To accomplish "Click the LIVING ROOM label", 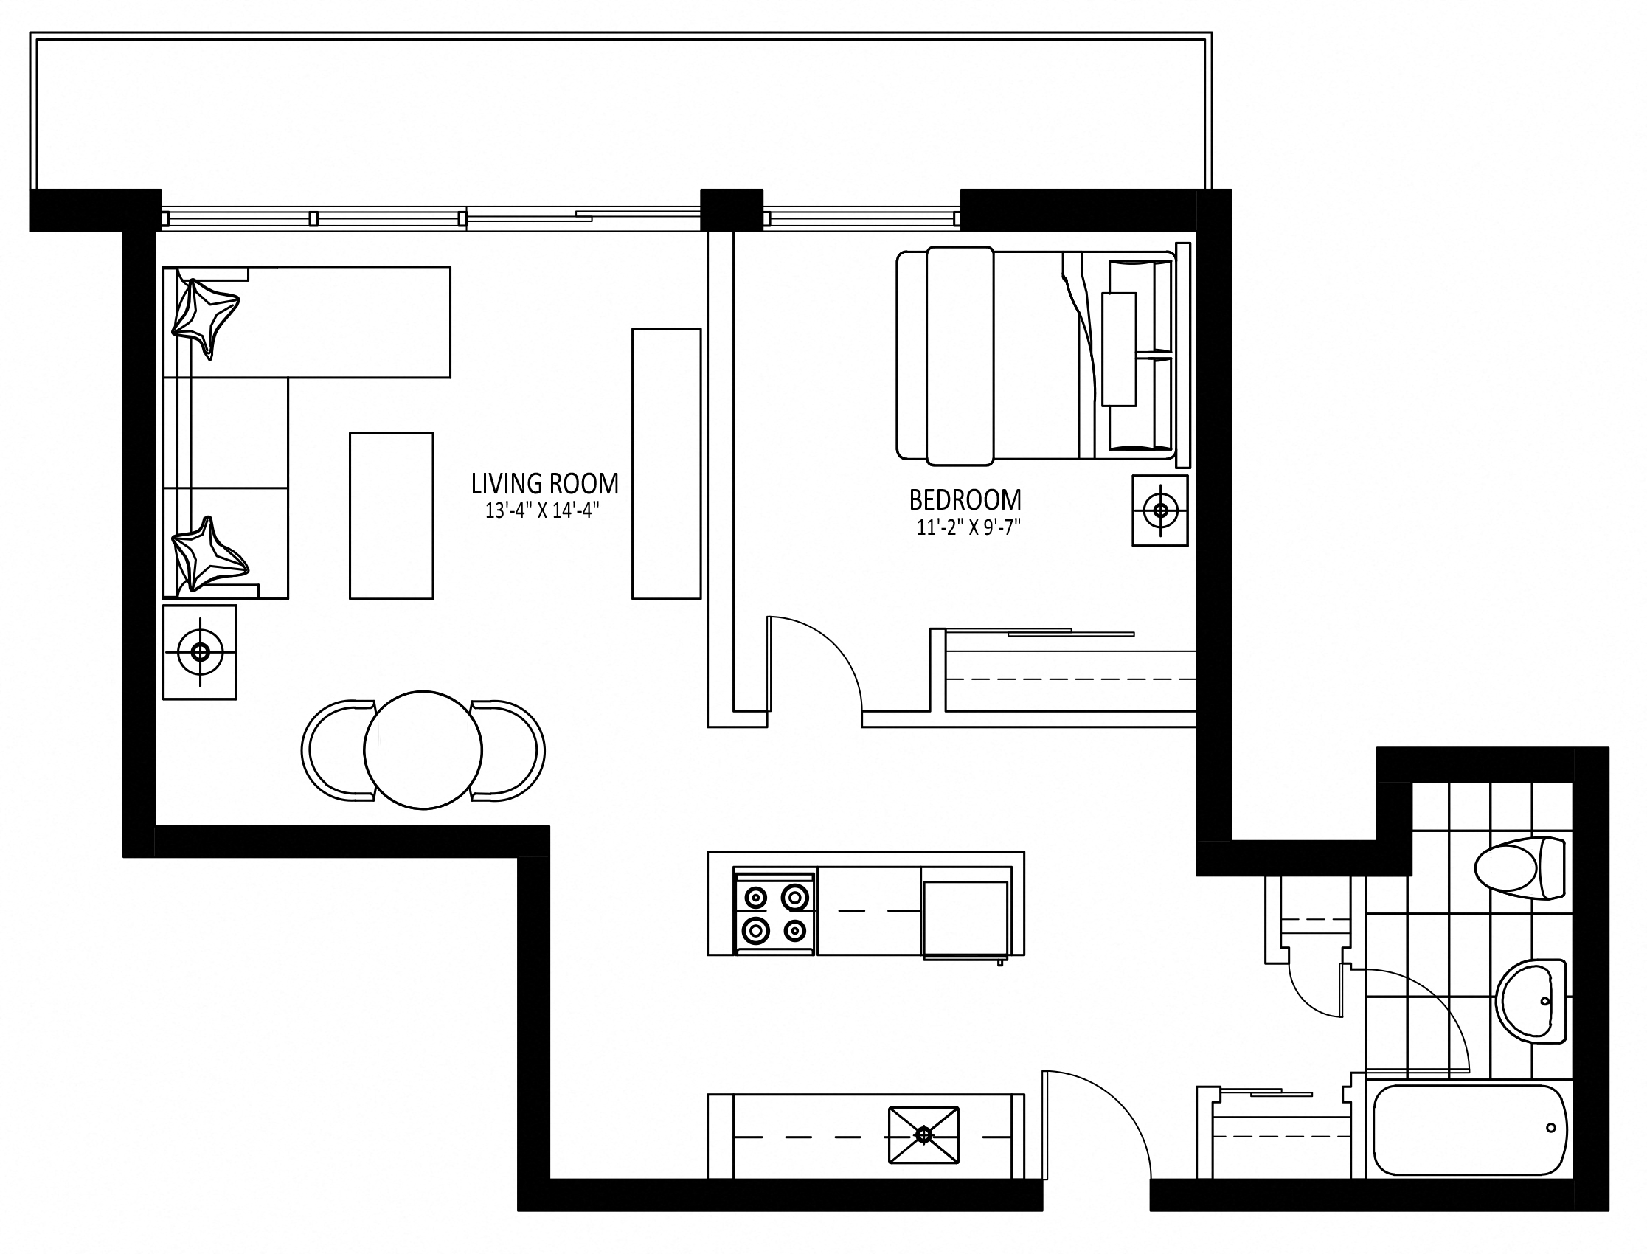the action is [x=545, y=484].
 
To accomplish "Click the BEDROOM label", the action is [x=965, y=499].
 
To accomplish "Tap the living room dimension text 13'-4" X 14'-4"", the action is [x=543, y=511].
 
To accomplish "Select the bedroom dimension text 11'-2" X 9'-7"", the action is [x=968, y=527].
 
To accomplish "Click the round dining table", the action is [x=423, y=750].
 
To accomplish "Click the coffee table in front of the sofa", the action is [x=391, y=516].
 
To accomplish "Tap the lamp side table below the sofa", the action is [x=200, y=652].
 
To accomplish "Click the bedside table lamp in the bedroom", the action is [x=1159, y=510].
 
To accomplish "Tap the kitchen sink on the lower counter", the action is [x=924, y=1135].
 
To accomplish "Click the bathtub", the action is [x=1470, y=1130].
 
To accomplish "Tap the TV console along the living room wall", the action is [x=667, y=463].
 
